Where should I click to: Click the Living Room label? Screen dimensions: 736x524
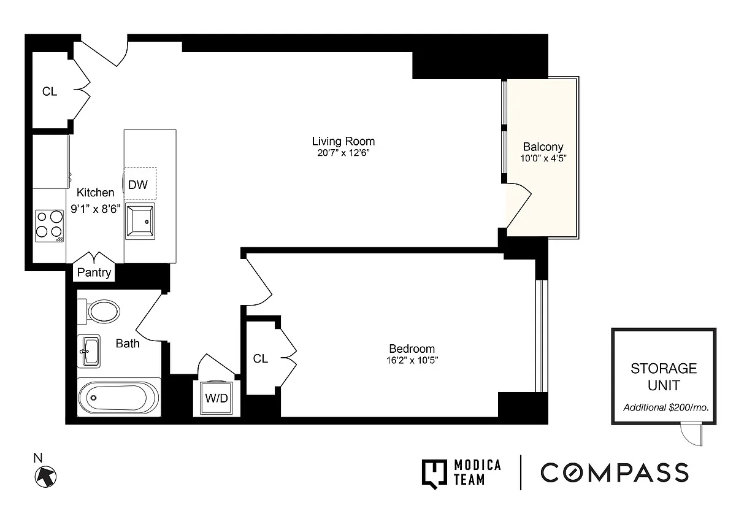(x=343, y=141)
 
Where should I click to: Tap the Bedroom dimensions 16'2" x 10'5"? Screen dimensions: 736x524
(x=412, y=360)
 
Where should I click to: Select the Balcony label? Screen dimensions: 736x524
(x=543, y=147)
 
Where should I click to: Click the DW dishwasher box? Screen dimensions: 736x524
(x=140, y=183)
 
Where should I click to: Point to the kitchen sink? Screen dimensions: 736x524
(x=140, y=221)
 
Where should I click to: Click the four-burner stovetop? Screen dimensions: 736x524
(x=49, y=226)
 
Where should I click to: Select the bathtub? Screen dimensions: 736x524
(x=119, y=398)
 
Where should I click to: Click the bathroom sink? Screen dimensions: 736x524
(x=89, y=351)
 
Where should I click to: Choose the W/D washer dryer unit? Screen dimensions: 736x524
(x=217, y=398)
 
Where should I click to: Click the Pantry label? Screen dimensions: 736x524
(x=94, y=272)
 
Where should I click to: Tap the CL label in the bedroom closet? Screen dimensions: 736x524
(x=261, y=358)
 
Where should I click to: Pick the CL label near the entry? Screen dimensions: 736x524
(x=50, y=91)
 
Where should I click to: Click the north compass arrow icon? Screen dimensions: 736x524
(x=45, y=477)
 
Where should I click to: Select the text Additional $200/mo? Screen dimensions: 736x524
(x=666, y=407)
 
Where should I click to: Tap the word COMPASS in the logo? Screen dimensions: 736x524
(x=615, y=472)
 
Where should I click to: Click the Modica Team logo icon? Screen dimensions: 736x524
(x=434, y=474)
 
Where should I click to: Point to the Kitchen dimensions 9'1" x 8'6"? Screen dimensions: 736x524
(x=96, y=209)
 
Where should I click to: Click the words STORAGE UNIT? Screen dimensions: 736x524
(x=664, y=377)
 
